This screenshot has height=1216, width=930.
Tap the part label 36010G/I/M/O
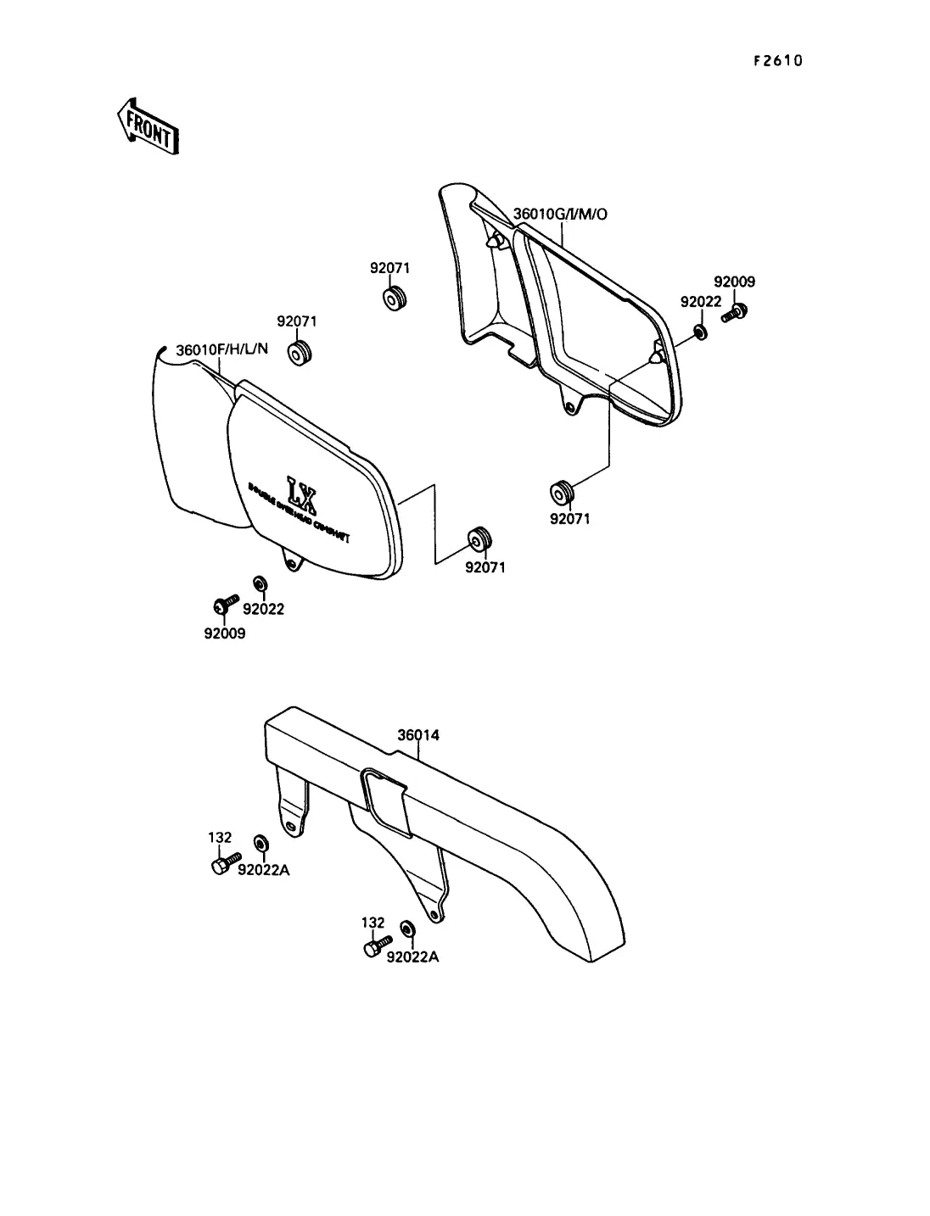click(560, 214)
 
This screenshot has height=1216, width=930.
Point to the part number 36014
click(418, 735)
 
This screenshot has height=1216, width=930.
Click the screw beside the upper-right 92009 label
click(733, 313)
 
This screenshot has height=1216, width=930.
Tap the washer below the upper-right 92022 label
click(700, 329)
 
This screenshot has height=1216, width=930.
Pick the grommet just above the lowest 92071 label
click(480, 538)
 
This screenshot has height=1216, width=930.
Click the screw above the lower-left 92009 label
click(224, 604)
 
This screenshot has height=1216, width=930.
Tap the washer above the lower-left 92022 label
click(260, 584)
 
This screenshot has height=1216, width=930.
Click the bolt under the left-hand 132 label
click(222, 863)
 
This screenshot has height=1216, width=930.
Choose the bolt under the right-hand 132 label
click(376, 945)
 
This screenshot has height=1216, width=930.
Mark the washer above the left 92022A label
click(261, 844)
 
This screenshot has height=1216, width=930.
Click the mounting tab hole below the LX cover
click(292, 562)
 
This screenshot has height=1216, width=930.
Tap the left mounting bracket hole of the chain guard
click(292, 826)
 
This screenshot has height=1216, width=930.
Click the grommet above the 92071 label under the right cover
click(561, 490)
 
